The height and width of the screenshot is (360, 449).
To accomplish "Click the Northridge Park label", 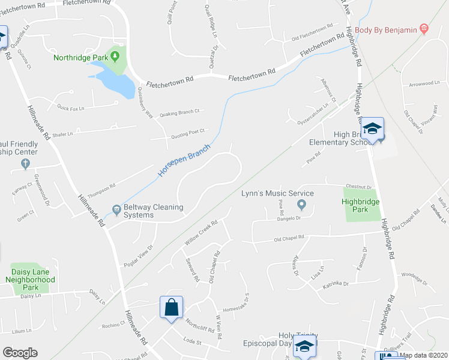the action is click(x=80, y=58).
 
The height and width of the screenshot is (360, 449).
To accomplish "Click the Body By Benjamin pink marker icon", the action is click(x=424, y=29).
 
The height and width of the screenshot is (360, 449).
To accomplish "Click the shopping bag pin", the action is click(x=171, y=307).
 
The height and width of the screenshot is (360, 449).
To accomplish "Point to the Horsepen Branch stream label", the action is click(x=184, y=160).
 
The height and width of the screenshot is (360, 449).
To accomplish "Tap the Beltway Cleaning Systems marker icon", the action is click(x=115, y=211).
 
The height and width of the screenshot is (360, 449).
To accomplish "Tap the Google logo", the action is click(x=20, y=353).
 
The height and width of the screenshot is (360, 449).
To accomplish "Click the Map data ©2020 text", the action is click(x=423, y=355).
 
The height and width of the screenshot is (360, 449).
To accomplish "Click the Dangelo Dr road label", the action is click(x=286, y=218).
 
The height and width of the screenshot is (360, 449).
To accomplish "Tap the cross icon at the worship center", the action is click(x=25, y=163).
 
